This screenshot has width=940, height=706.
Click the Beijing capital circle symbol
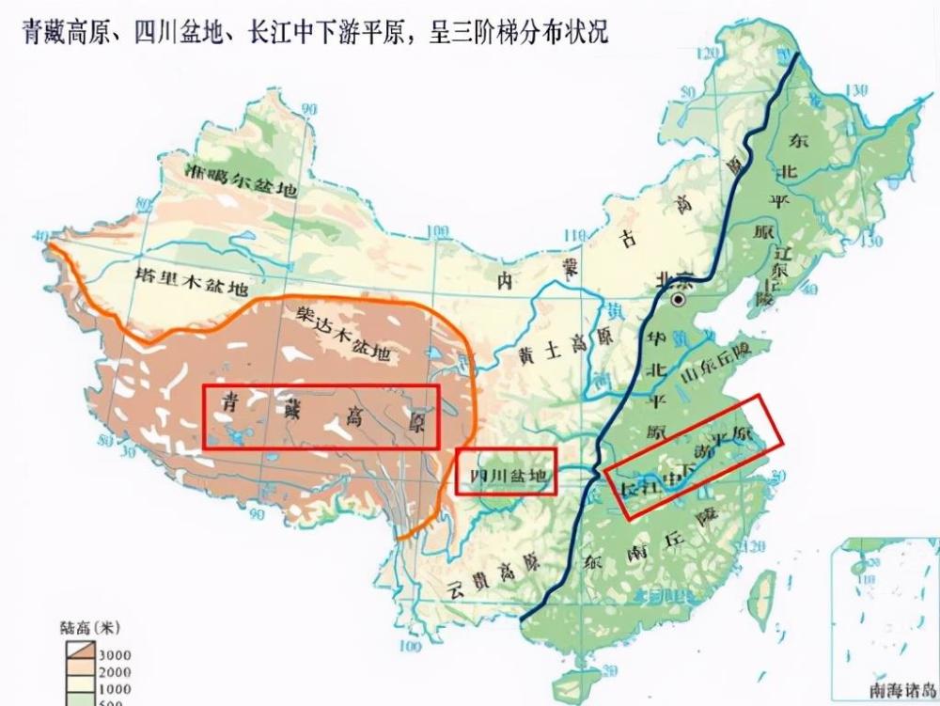pos(677,300)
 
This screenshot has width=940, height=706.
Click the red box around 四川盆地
pos(506,471)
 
